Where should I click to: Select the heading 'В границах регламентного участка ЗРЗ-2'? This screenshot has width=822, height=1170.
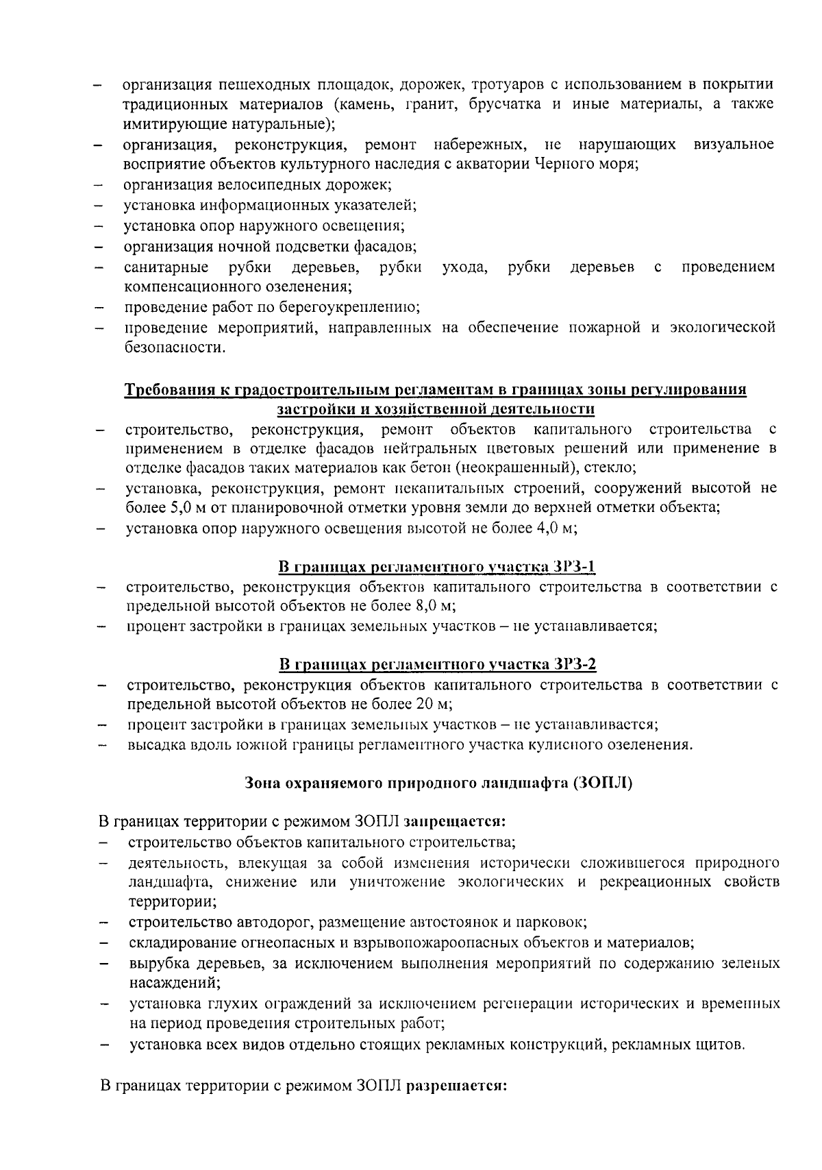tap(438, 665)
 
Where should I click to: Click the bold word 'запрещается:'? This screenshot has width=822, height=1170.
tap(455, 821)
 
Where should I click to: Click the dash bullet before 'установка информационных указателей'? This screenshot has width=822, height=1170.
tap(99, 206)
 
